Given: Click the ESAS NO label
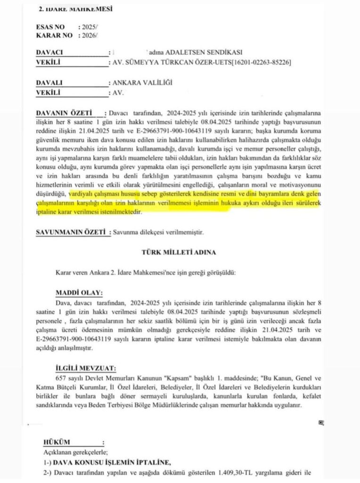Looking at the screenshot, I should pos(50,27).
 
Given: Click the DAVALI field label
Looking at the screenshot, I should pos(49,83).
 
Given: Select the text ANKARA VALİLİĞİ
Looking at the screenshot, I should pos(142,83).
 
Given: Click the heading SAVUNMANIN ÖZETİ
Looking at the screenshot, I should pos(71,232).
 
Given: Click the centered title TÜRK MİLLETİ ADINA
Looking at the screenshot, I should pos(179,252).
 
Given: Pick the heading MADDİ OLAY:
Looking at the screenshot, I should pos(79,293).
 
